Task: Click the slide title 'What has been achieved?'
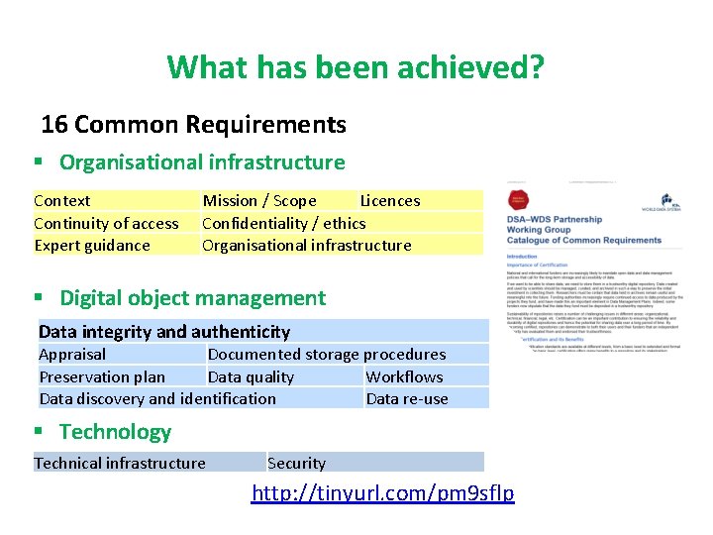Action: point(356,67)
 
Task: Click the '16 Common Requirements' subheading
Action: point(193,125)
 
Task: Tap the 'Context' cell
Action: point(61,200)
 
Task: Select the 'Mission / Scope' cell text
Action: point(259,200)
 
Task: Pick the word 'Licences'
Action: point(389,200)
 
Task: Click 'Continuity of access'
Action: point(106,223)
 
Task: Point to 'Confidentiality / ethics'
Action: point(283,223)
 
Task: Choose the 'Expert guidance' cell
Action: point(92,245)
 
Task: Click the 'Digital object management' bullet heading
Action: point(192,298)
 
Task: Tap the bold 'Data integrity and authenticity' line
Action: point(164,332)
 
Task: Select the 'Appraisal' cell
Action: point(72,354)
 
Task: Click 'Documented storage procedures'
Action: point(326,354)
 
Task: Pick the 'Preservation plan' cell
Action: point(102,376)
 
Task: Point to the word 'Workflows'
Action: point(404,376)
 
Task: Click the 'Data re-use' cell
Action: point(407,398)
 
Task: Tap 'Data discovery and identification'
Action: point(157,398)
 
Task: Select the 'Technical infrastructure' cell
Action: point(120,463)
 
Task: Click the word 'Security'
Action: point(296,463)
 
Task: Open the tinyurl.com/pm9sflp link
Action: point(382,492)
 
